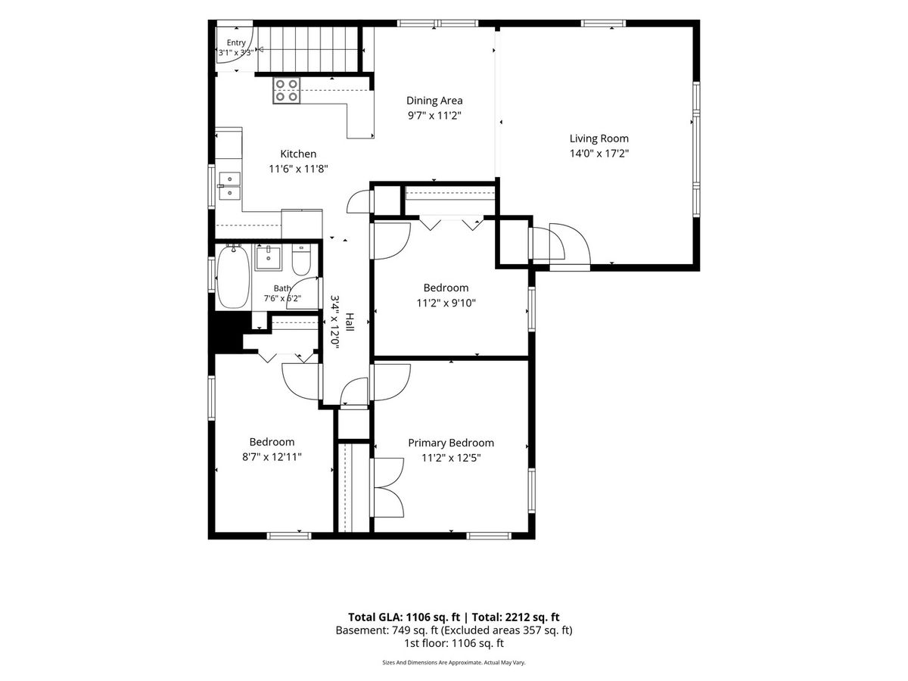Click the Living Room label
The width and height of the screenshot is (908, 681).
(x=599, y=138)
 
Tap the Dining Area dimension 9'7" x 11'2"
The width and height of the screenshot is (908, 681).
(x=434, y=115)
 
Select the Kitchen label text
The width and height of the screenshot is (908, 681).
(x=298, y=154)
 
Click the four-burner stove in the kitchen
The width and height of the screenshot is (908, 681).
(x=286, y=91)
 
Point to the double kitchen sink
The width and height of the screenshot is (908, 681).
(x=229, y=185)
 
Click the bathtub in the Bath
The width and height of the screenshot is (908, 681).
(x=233, y=275)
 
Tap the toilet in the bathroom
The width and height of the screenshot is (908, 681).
(x=301, y=260)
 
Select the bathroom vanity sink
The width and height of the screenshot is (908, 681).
(x=268, y=258)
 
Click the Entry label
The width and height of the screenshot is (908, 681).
(x=236, y=42)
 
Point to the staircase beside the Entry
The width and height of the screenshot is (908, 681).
(x=308, y=50)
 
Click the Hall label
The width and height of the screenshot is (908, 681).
(x=350, y=322)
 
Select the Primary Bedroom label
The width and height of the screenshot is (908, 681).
(x=451, y=443)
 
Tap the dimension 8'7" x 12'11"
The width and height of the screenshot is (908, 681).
(x=272, y=457)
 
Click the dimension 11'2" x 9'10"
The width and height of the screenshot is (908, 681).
(x=446, y=303)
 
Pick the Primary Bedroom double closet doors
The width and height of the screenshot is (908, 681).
(x=388, y=487)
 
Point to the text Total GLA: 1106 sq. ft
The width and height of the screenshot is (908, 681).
(x=404, y=617)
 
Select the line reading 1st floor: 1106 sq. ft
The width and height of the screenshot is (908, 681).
(x=454, y=643)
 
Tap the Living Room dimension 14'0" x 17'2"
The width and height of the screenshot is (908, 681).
(x=599, y=154)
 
